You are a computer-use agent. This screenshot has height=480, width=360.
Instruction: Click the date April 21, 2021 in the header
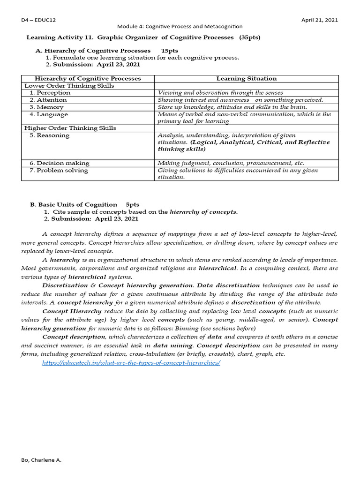click(320, 20)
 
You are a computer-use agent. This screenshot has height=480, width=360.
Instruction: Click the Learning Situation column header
click(246, 79)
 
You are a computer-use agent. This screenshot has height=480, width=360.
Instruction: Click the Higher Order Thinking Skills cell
click(70, 128)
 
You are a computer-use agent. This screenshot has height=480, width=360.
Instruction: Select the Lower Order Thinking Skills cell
click(69, 86)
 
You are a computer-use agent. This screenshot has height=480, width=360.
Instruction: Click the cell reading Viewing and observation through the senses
click(220, 93)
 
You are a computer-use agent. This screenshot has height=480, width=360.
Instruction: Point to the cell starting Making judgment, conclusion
click(231, 164)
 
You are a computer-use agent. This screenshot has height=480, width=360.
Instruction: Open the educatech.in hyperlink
click(131, 363)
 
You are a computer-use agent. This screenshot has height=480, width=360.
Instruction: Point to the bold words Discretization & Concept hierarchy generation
click(118, 285)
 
